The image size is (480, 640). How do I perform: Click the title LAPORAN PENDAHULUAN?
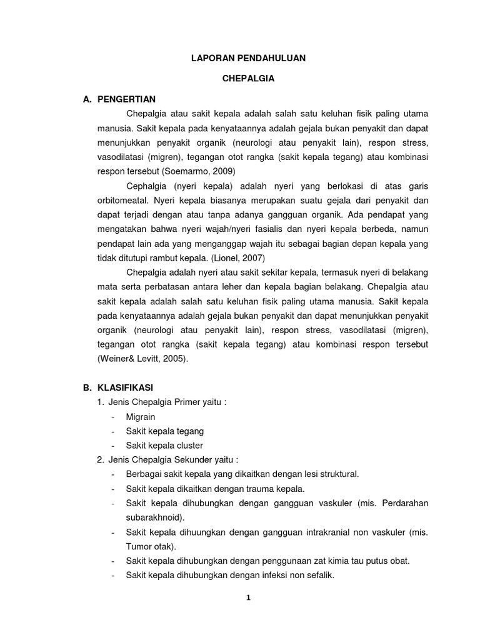[248, 58]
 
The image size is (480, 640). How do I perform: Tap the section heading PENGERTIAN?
[126, 99]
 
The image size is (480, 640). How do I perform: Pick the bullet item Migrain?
[141, 416]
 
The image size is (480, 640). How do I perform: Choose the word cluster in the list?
[190, 445]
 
